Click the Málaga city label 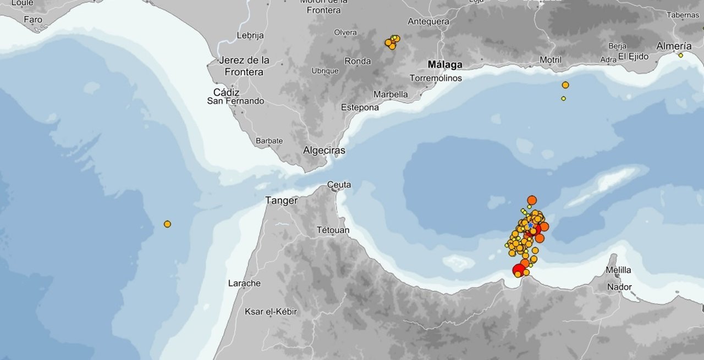pos(445,65)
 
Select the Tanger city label pos(281,201)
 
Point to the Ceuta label pos(339,185)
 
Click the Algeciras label pos(324,150)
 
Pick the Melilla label pos(618,270)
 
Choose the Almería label pos(674,46)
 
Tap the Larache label pos(244,283)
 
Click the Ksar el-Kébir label pos(271,312)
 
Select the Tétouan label pos(333,230)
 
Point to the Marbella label pos(391,94)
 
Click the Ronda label pos(358,61)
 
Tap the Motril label pos(550,60)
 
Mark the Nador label pos(619,287)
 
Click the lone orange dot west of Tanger pos(167,224)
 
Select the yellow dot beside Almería pos(680,56)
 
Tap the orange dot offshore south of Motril pos(565,85)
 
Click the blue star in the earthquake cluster pos(530,225)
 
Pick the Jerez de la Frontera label pos(244,66)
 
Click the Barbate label pos(269,141)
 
